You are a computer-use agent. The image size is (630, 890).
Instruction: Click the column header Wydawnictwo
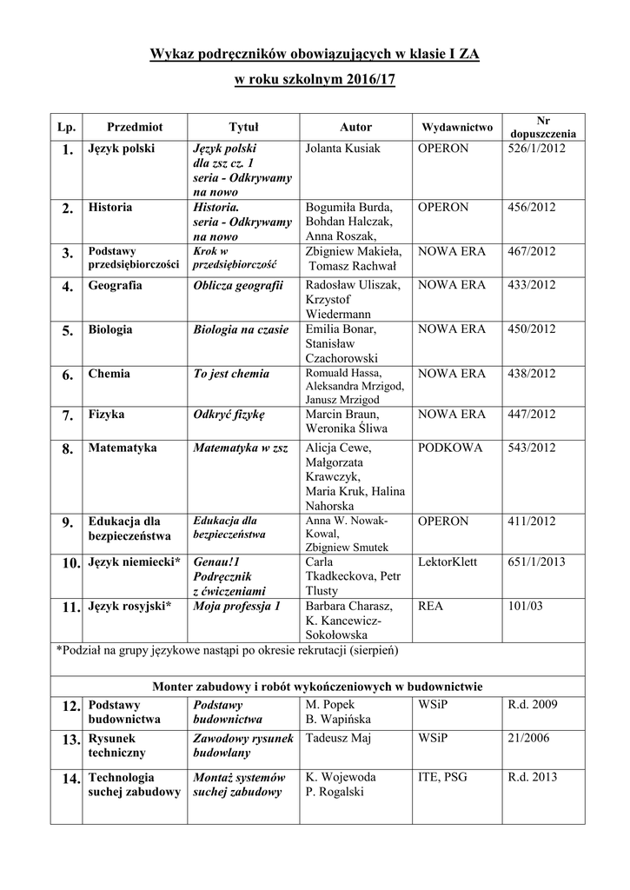(x=456, y=127)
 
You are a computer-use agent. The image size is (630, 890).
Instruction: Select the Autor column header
(x=355, y=127)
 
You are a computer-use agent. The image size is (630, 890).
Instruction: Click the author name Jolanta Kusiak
(x=343, y=149)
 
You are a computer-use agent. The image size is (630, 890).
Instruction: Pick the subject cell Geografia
(x=115, y=285)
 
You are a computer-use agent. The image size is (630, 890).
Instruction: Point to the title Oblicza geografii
(x=238, y=285)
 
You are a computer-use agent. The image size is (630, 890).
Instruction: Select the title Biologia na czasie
(x=241, y=329)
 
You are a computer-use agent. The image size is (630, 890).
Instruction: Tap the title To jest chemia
(x=231, y=374)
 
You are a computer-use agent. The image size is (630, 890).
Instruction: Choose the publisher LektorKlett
(x=448, y=562)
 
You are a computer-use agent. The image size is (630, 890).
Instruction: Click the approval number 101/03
(x=525, y=606)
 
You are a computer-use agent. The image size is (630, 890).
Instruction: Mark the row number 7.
(x=67, y=415)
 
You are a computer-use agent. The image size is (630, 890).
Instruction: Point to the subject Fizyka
(x=106, y=415)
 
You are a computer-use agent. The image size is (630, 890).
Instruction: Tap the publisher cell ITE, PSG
(x=442, y=777)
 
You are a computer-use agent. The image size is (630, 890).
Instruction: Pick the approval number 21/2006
(x=530, y=738)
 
